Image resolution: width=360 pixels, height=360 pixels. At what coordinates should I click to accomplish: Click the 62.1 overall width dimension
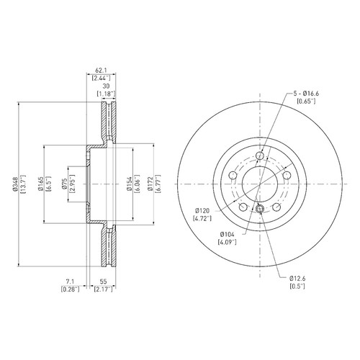point(101,71)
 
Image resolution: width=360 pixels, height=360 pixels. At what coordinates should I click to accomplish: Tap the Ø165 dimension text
point(40,184)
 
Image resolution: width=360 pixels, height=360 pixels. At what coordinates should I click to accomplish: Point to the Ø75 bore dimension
point(64,184)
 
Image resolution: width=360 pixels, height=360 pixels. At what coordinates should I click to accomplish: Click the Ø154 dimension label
point(130,184)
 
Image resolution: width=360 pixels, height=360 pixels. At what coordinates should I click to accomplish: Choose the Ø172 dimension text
point(150,184)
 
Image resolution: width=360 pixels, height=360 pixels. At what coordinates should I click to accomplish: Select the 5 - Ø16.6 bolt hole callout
point(306,94)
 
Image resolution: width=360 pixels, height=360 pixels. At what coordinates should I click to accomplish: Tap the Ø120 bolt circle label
point(202,211)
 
